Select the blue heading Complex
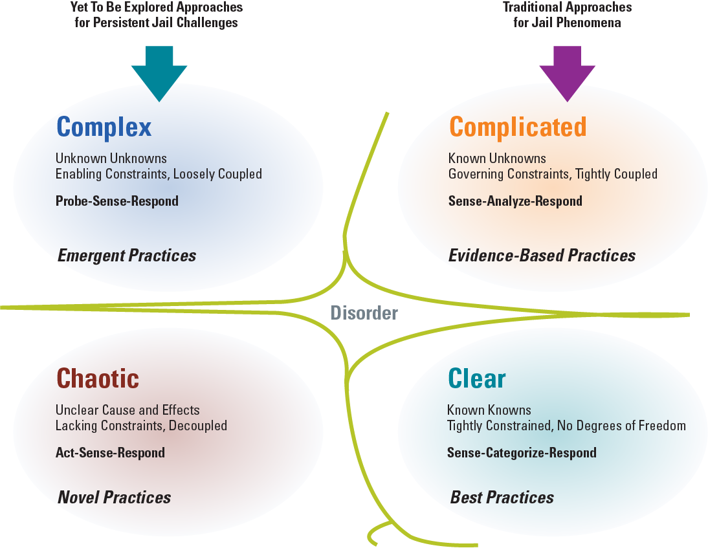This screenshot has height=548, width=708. [104, 127]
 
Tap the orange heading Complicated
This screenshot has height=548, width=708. [518, 127]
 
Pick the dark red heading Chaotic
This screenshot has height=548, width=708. [98, 378]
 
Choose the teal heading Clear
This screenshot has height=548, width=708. [476, 378]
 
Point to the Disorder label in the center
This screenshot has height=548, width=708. [364, 313]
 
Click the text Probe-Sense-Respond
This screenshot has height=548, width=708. [117, 201]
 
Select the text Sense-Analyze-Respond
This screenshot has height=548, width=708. [515, 201]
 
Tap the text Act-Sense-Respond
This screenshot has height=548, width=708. [110, 452]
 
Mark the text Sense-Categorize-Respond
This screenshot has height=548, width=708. [522, 452]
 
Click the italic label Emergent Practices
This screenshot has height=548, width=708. [127, 256]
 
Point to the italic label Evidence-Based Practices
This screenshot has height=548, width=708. [542, 256]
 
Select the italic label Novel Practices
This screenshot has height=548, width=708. [115, 497]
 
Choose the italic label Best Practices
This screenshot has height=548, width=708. [502, 497]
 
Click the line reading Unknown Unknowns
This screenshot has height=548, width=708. [111, 159]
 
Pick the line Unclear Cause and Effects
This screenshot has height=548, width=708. [127, 410]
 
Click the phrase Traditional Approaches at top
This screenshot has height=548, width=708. [568, 8]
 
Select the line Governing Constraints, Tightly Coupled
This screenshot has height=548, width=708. [553, 174]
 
